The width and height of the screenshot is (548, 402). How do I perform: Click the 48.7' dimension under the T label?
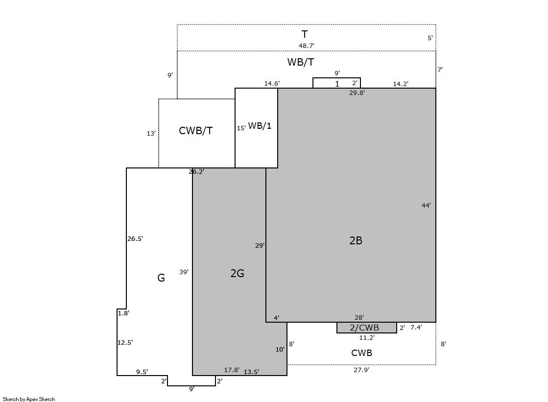click(x=306, y=46)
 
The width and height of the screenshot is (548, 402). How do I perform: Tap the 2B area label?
click(x=356, y=240)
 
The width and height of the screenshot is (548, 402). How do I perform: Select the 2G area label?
click(x=238, y=273)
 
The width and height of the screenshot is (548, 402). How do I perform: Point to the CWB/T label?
click(x=196, y=130)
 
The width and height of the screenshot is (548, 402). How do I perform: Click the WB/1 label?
click(x=260, y=125)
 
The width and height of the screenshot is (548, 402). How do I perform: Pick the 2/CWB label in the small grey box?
click(x=364, y=328)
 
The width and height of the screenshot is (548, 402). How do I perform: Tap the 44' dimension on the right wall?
click(x=426, y=206)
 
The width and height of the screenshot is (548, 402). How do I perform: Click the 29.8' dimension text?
click(x=357, y=93)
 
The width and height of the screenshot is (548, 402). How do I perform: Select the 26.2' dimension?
click(x=196, y=172)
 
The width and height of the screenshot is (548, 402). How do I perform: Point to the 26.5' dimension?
click(x=135, y=239)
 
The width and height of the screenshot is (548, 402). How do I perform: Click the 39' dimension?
click(x=184, y=272)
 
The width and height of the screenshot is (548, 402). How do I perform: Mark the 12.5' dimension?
click(x=125, y=343)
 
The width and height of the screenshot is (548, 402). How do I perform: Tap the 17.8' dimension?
click(x=232, y=370)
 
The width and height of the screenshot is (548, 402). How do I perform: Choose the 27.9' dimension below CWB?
click(x=361, y=370)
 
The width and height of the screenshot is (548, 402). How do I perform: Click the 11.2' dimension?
click(x=367, y=338)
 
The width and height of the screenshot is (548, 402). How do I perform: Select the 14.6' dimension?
click(x=272, y=84)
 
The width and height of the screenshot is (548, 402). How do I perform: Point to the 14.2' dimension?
click(x=401, y=84)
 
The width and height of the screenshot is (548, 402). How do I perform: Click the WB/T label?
click(x=301, y=62)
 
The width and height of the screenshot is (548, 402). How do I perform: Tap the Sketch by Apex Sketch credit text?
click(x=29, y=399)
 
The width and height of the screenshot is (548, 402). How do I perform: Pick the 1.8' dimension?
click(x=123, y=313)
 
